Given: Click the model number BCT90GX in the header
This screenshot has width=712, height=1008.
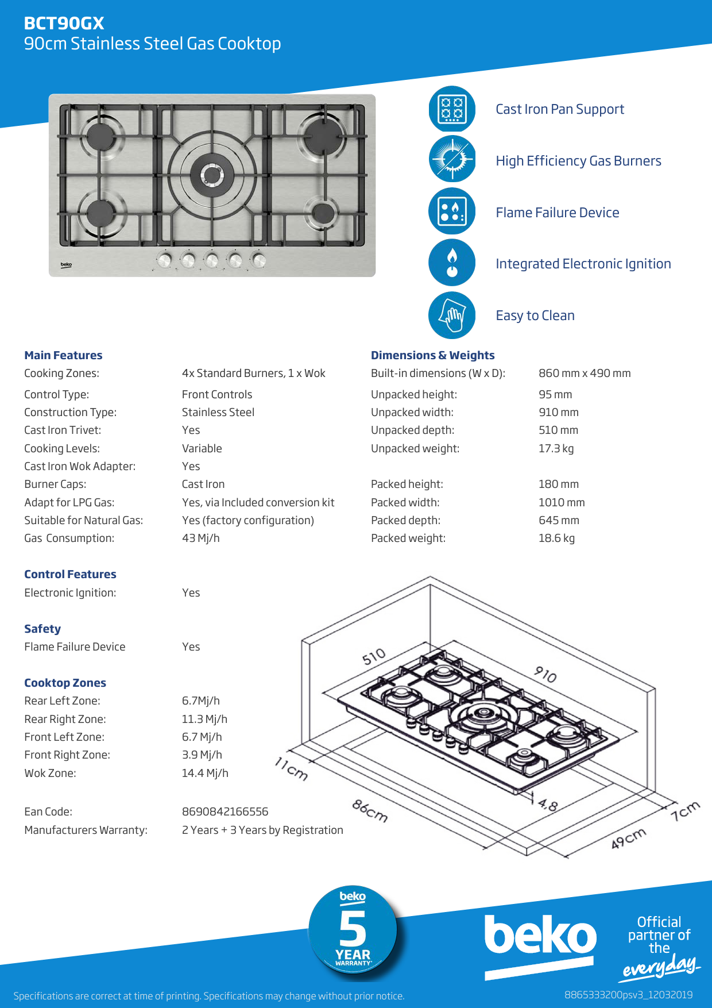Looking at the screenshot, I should [64, 23].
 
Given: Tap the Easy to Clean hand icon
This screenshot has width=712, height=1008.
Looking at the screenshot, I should [452, 315].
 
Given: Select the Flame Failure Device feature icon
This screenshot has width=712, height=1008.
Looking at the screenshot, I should [452, 211].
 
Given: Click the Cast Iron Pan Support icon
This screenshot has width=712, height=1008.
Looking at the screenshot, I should [452, 109].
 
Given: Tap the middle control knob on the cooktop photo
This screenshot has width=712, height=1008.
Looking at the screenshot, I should [212, 260].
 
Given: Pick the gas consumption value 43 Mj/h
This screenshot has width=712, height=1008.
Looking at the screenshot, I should [200, 538].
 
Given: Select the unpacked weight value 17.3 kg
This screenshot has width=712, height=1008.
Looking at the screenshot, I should [556, 448].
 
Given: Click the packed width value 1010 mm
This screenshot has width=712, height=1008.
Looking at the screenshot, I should [561, 502].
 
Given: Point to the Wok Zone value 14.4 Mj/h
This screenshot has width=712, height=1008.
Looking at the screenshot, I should [205, 773].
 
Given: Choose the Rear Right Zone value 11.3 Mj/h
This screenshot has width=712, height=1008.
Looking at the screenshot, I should [204, 719].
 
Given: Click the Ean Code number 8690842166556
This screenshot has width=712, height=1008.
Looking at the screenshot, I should [225, 811].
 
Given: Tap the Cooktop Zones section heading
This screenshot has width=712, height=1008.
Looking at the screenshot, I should [65, 683].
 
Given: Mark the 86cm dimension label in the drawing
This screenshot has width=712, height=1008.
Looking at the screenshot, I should [370, 811].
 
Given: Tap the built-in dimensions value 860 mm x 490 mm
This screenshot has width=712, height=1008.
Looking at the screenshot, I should [584, 373].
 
